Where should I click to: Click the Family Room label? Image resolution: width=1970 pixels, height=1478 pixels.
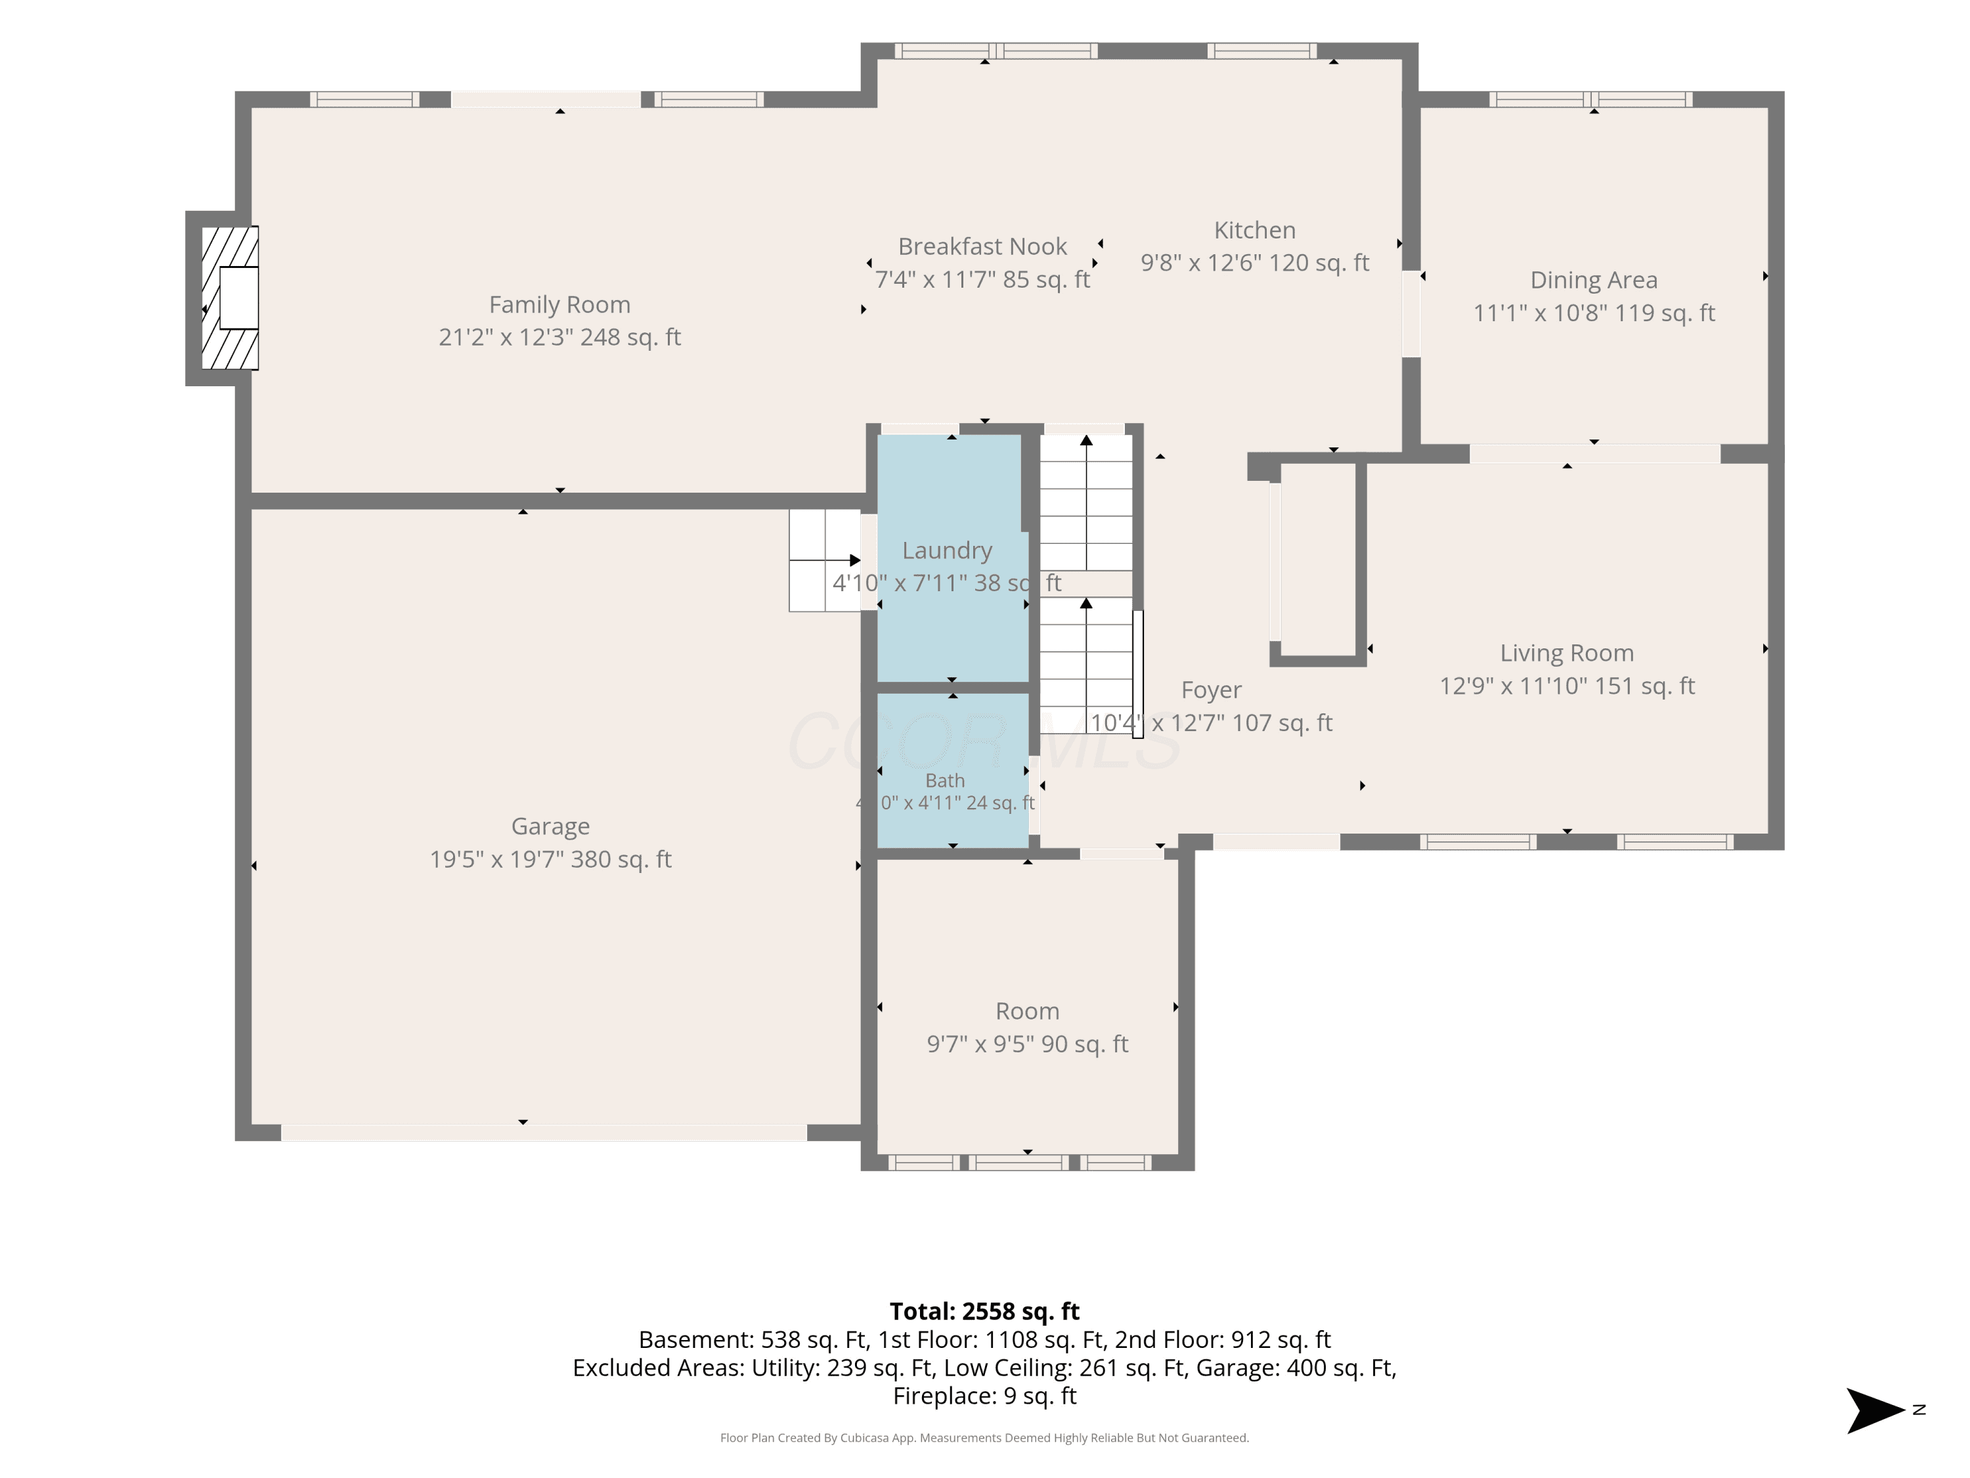point(559,305)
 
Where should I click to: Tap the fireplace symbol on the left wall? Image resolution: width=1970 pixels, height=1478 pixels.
point(230,298)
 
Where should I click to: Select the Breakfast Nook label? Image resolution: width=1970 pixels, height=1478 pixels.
point(982,246)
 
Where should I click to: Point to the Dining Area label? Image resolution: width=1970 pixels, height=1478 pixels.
point(1593,280)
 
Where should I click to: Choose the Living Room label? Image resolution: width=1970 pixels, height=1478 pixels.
point(1567,653)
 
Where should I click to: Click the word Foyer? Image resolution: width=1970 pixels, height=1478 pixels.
point(1211,690)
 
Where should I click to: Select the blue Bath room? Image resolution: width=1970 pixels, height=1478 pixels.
point(952,770)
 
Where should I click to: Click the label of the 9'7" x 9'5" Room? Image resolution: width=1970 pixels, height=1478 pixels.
point(1027,1011)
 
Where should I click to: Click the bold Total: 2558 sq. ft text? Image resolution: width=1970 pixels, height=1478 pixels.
point(984,1311)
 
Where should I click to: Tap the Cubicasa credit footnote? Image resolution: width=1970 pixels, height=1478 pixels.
point(984,1438)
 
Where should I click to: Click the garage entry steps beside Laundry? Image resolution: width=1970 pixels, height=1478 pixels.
point(825,560)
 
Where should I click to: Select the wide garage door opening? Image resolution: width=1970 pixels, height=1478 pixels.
point(544,1132)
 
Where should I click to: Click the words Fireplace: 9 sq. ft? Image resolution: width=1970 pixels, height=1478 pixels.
point(984,1396)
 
